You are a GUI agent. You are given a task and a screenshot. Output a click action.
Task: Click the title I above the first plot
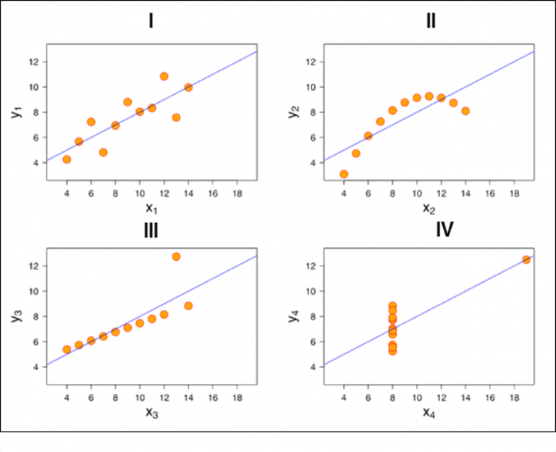[151, 21]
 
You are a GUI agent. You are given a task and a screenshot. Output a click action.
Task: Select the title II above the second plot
[431, 21]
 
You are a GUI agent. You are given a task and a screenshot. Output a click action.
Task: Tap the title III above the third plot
[151, 230]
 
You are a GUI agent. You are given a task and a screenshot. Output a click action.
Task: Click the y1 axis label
[17, 112]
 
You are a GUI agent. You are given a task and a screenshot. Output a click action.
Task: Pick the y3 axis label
[17, 316]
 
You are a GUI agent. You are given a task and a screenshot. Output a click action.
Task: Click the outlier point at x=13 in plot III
[176, 256]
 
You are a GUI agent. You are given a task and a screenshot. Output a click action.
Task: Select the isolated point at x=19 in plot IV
[526, 259]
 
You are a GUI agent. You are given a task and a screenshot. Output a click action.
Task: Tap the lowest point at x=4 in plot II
[343, 174]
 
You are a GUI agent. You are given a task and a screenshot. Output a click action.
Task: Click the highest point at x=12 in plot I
[164, 76]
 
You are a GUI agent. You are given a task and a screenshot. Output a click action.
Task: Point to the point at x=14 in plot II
[466, 111]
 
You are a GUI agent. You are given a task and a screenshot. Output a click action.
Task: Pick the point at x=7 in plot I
[103, 152]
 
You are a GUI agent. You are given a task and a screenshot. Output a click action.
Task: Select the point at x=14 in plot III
[188, 306]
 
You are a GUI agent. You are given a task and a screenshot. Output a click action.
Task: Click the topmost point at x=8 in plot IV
[392, 306]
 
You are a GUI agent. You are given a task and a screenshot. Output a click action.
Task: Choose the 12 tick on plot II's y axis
[308, 62]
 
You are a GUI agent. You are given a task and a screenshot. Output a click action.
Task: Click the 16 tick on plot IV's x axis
[490, 398]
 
